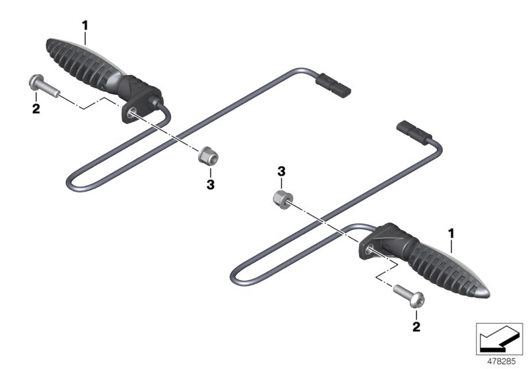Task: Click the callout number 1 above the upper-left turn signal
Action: point(84,25)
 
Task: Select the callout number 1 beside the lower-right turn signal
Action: point(452,233)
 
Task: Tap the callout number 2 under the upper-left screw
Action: point(36,108)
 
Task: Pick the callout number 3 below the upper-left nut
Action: point(211,184)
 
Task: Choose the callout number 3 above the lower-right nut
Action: point(281,171)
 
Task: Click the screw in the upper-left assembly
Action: point(41,87)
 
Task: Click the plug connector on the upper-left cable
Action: point(334,86)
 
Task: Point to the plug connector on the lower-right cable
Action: point(414,133)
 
